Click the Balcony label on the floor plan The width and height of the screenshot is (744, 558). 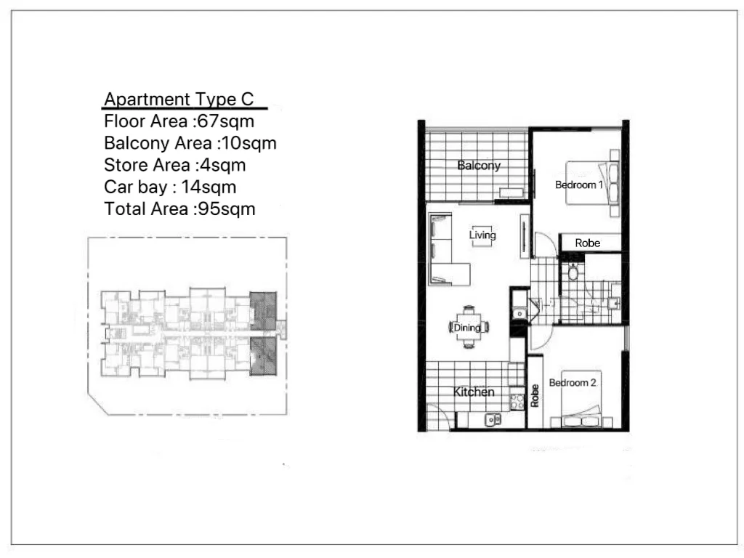[x=479, y=166]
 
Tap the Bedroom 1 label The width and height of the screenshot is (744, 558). [x=579, y=185]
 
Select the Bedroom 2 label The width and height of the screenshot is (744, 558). [x=573, y=383]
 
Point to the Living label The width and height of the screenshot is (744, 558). [x=482, y=235]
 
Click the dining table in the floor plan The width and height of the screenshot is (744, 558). [x=468, y=328]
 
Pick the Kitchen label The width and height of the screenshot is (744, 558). [x=474, y=392]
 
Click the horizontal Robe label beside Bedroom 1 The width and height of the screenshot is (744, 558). [x=588, y=243]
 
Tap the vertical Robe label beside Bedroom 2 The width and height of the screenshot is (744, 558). [x=535, y=395]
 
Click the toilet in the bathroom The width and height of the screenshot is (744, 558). [x=573, y=272]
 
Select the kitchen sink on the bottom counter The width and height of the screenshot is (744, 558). [x=493, y=419]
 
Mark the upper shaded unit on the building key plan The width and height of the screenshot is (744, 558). [x=262, y=310]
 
